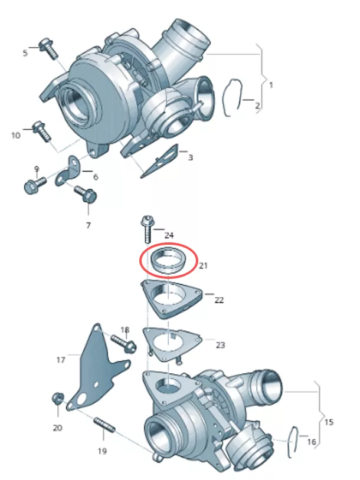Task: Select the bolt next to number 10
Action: pyautogui.click(x=42, y=131)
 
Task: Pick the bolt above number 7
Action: pyautogui.click(x=86, y=194)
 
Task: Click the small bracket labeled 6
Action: pyautogui.click(x=68, y=172)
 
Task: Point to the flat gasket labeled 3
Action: pyautogui.click(x=160, y=161)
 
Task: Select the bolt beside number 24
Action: pyautogui.click(x=147, y=229)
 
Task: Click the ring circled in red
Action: pyautogui.click(x=168, y=259)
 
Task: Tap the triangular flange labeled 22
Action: pyautogui.click(x=171, y=298)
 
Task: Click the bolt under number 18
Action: pyautogui.click(x=124, y=343)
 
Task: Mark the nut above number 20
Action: pyautogui.click(x=57, y=398)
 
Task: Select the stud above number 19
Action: pyautogui.click(x=105, y=425)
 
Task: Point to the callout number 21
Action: pyautogui.click(x=204, y=266)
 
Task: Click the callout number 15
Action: pyautogui.click(x=329, y=422)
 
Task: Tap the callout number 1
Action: pyautogui.click(x=271, y=85)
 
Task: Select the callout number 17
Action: pyautogui.click(x=61, y=360)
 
